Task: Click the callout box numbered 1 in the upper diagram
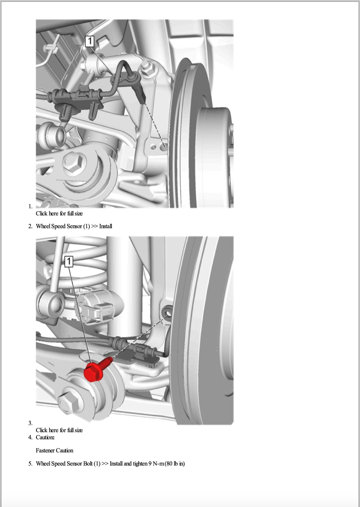pyautogui.click(x=89, y=41)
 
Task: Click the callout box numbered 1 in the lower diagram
pyautogui.click(x=69, y=261)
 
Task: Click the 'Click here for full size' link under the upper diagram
pyautogui.click(x=59, y=213)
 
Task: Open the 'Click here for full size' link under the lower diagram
pyautogui.click(x=59, y=430)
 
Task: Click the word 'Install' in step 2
pyautogui.click(x=106, y=226)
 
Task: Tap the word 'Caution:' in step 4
pyautogui.click(x=45, y=437)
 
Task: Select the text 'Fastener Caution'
pyautogui.click(x=54, y=450)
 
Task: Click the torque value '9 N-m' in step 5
pyautogui.click(x=156, y=463)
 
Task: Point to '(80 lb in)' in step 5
pyautogui.click(x=174, y=463)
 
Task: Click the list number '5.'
pyautogui.click(x=30, y=463)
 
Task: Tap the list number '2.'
pyautogui.click(x=30, y=226)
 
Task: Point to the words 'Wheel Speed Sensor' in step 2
pyautogui.click(x=59, y=226)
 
